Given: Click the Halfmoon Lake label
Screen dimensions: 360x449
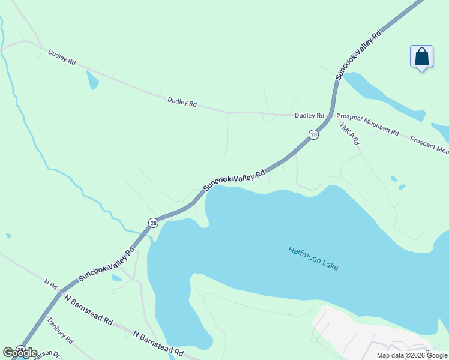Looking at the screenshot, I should pos(313,258).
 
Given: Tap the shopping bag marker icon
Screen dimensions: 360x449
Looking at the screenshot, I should pos(422,58).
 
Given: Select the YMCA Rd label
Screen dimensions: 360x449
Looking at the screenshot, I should pos(349,134).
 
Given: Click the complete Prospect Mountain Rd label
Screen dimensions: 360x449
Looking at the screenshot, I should pos(367,124).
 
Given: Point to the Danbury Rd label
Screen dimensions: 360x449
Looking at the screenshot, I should pos(60,331).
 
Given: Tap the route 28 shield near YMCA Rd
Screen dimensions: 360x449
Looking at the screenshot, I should pos(313,135).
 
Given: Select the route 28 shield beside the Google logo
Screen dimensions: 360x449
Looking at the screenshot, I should pos(20,349).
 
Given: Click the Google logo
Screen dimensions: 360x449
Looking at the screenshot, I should pos(20,353).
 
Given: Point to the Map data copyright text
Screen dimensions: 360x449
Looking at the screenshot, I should pos(412,355).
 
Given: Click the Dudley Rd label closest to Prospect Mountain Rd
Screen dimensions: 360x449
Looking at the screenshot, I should pos(309,115).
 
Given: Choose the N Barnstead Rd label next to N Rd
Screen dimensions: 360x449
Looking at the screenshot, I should pos(88,310).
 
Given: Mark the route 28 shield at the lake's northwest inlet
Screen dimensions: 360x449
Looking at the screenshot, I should pos(152,222).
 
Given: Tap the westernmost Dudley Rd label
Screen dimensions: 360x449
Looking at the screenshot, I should pos(63,61).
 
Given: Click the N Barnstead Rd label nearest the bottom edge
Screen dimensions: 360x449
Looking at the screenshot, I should pos(158,343).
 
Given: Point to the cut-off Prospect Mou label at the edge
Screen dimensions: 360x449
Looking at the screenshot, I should pos(429,146).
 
